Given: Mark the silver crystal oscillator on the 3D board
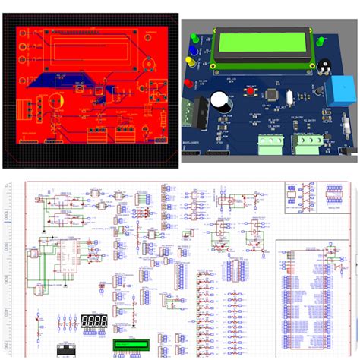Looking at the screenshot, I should (291, 96).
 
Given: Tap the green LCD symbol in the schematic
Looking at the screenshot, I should (126, 346).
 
